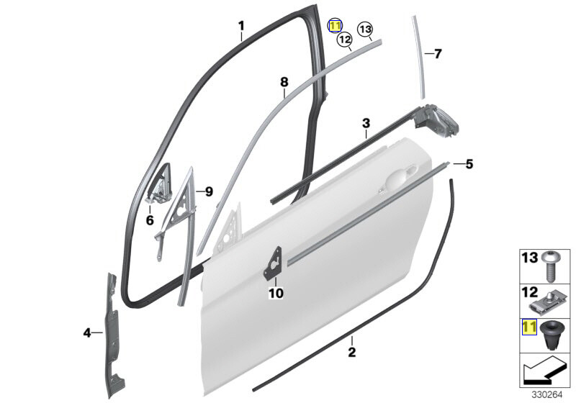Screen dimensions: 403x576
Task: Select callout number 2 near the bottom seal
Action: (351, 352)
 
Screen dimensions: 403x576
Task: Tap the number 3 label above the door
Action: (366, 123)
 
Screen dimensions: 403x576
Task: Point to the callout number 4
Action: (87, 332)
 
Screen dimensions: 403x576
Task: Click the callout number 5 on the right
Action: (469, 164)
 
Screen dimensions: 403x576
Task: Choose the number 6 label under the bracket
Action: (150, 220)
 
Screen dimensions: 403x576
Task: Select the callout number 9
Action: (208, 191)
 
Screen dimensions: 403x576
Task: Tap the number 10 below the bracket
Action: (276, 293)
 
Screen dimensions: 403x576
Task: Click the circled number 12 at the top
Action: (345, 40)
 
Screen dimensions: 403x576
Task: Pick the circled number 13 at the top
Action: (365, 29)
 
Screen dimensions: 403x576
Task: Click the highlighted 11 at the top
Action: (336, 26)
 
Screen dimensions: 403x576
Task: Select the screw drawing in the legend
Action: (552, 264)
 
